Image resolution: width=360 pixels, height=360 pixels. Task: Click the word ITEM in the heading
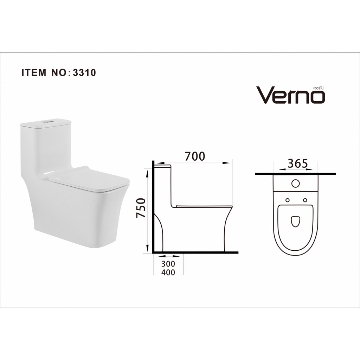tap(34, 72)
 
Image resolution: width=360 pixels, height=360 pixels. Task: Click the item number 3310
tap(84, 72)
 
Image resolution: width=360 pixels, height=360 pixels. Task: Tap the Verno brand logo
tap(290, 95)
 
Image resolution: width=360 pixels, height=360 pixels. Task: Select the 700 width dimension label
tap(195, 156)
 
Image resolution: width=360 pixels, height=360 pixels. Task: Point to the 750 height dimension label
tap(141, 208)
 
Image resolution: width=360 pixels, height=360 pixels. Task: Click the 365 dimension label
tap(297, 164)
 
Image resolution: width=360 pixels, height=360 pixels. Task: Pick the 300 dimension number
tap(168, 264)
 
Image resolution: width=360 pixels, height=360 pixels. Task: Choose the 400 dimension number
tap(168, 272)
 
